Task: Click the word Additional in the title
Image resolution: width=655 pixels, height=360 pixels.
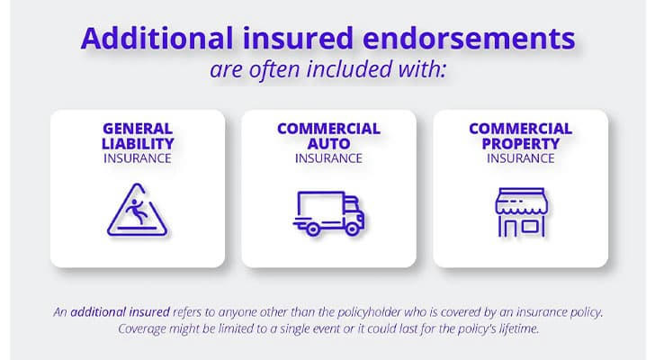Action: pyautogui.click(x=157, y=38)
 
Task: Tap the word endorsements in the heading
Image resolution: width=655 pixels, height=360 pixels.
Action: pyautogui.click(x=469, y=38)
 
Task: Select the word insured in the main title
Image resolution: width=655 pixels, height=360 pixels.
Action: pyautogui.click(x=298, y=38)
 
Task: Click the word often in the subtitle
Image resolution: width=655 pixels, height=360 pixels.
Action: pyautogui.click(x=274, y=69)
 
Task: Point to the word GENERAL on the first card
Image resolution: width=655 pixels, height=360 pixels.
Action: pyautogui.click(x=138, y=128)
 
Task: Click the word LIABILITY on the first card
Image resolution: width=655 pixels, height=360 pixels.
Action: pyautogui.click(x=138, y=144)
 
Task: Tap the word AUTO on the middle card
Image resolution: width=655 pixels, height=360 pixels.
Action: pyautogui.click(x=328, y=144)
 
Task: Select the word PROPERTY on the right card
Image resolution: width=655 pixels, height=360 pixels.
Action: pyautogui.click(x=520, y=144)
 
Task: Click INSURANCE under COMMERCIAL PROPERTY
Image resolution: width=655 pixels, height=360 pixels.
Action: pyautogui.click(x=520, y=158)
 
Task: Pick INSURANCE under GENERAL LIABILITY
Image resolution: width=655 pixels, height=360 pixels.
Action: pyautogui.click(x=138, y=158)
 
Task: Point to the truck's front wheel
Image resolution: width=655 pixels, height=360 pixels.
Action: pyautogui.click(x=352, y=229)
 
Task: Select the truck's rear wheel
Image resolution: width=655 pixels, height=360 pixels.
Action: pyautogui.click(x=313, y=229)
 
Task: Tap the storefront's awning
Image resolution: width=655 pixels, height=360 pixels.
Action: pyautogui.click(x=521, y=202)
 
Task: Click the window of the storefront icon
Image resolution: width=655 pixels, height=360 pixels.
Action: pyautogui.click(x=530, y=227)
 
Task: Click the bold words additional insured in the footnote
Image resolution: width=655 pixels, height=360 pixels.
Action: pyautogui.click(x=120, y=312)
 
